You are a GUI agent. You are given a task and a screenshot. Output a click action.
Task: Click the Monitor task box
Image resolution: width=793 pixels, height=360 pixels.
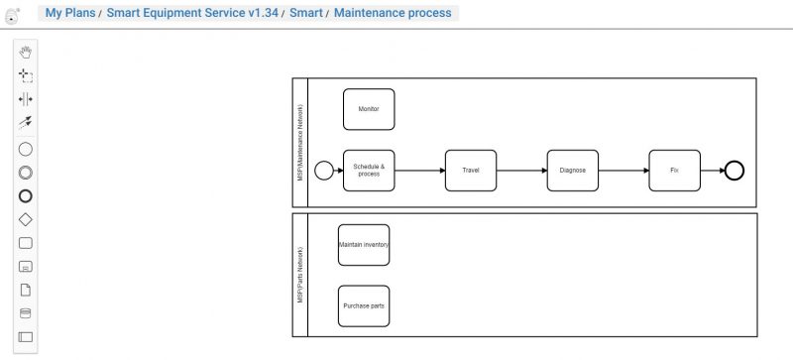[x=369, y=109]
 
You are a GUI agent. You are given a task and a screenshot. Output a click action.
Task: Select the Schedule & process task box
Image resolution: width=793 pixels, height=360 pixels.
[x=369, y=170]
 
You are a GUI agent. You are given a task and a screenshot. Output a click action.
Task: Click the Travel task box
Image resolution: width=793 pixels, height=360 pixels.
[x=471, y=170]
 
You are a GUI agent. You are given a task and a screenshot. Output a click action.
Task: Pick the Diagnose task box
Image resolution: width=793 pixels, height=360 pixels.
[x=573, y=170]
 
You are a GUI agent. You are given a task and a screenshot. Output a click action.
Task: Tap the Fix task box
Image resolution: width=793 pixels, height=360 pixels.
[x=674, y=170]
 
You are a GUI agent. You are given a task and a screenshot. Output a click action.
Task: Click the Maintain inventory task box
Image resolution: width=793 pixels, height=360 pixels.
[x=364, y=244]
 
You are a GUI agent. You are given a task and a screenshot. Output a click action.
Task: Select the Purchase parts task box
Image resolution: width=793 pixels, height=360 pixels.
[x=364, y=305]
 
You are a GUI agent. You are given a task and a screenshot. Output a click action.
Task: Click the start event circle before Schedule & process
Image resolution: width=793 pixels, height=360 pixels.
[x=324, y=171]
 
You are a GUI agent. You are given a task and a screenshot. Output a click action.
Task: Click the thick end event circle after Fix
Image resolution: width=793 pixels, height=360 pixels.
[x=734, y=171]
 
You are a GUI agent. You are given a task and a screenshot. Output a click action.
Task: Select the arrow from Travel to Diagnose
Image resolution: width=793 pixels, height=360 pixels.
[x=521, y=171]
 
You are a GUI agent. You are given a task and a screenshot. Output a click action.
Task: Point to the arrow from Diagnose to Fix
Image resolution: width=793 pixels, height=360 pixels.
[x=623, y=171]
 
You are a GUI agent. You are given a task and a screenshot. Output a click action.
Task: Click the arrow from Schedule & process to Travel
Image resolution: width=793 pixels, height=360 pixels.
[x=419, y=171]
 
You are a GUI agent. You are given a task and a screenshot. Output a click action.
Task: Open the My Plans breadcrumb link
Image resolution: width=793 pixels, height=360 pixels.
[x=70, y=13]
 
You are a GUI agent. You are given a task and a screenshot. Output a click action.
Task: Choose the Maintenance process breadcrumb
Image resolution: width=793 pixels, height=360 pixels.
[x=393, y=13]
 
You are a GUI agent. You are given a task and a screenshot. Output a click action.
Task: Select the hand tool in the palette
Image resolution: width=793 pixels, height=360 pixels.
[x=26, y=52]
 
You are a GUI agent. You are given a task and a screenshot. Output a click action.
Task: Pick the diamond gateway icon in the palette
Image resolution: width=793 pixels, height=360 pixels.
[x=26, y=219]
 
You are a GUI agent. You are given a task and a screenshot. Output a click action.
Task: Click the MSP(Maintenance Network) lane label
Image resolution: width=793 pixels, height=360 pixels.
[x=299, y=142]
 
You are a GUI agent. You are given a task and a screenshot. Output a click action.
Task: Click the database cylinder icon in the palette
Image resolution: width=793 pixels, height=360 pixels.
[x=26, y=313]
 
